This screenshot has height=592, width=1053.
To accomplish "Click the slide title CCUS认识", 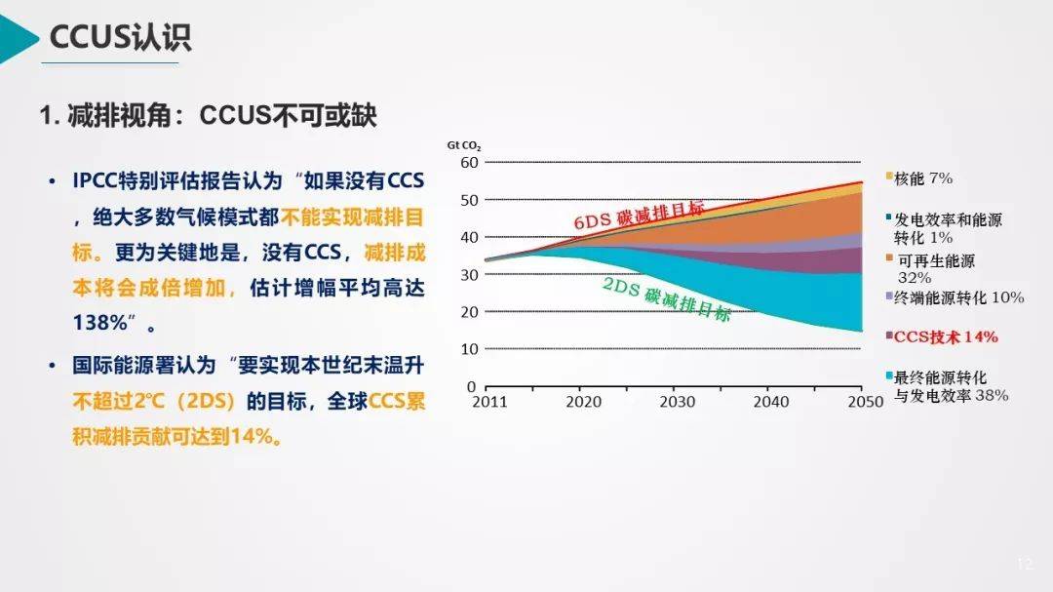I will pos(121,37).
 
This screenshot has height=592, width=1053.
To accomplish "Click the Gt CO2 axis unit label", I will pos(464,145).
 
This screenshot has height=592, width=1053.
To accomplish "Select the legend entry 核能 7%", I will pos(922,178).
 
